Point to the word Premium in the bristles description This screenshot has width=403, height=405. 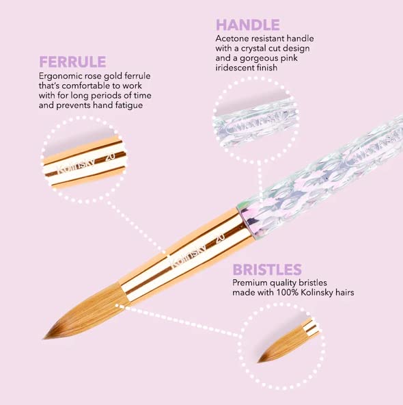[251, 283]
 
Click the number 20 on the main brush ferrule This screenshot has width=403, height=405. [220, 239]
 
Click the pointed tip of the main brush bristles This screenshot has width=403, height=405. [46, 336]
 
